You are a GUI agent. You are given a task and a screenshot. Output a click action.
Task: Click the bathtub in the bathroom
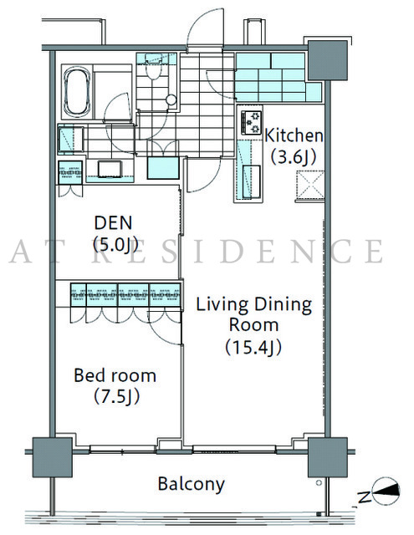[77, 91]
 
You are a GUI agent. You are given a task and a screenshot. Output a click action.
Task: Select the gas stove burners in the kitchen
[252, 123]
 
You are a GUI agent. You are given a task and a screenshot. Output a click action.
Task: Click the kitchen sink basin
[251, 182]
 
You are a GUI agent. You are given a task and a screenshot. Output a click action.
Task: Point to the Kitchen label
[294, 135]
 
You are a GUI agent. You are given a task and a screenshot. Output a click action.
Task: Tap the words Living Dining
[254, 304]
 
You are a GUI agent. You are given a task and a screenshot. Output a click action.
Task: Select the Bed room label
[115, 375]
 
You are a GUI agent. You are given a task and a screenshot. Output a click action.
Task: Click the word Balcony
[192, 484]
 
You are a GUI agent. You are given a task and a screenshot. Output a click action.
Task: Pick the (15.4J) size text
[253, 347]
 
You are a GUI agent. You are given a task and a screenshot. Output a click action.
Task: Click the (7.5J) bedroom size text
[117, 397]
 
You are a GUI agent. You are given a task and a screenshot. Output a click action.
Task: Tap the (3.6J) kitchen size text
[294, 157]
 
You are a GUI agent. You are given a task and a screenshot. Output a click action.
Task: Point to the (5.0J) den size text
[115, 244]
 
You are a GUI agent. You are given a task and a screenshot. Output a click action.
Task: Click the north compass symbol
[386, 492]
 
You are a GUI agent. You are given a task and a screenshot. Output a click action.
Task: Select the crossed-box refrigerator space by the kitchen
[310, 184]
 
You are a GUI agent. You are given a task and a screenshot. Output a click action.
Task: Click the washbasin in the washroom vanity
[110, 169]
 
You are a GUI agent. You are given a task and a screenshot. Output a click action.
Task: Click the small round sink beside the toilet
[171, 100]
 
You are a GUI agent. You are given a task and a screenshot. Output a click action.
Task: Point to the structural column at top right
[328, 61]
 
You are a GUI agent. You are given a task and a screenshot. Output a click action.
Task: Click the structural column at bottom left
[52, 457]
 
